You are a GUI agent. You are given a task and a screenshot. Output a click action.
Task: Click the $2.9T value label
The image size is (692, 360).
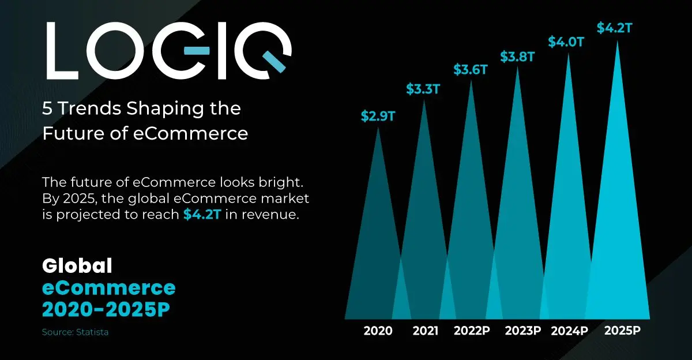tap(378, 116)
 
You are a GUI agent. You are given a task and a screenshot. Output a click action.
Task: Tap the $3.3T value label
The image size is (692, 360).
tap(423, 89)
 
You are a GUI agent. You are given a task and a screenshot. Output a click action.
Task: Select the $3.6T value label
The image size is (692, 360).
tap(471, 70)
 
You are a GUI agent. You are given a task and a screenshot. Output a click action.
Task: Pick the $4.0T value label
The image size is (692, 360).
tap(564, 42)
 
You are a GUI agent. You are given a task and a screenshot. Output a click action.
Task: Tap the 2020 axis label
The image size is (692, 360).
tap(378, 331)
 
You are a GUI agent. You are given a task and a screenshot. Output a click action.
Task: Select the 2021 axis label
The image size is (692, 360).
tap(426, 331)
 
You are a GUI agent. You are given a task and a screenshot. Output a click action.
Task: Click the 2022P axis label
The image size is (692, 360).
tap(472, 331)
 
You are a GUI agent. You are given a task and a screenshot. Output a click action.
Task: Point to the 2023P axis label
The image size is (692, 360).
tap(523, 331)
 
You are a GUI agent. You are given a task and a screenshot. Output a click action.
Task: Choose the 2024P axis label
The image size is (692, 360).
tap(569, 331)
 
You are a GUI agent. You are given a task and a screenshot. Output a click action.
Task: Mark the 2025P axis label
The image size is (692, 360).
tap(623, 331)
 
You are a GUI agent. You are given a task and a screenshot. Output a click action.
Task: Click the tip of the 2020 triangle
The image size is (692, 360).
tap(378, 129)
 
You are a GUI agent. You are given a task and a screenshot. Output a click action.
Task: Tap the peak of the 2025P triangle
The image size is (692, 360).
tap(618, 42)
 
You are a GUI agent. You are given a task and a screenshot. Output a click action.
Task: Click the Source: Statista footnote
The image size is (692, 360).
tap(75, 332)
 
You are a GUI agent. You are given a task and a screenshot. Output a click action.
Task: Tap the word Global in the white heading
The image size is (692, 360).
tap(77, 266)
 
